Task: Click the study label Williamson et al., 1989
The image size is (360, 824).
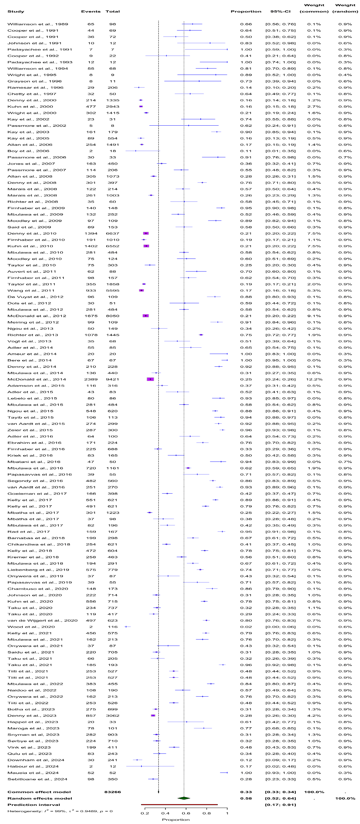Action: [x=38, y=24]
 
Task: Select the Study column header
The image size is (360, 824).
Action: [x=16, y=12]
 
